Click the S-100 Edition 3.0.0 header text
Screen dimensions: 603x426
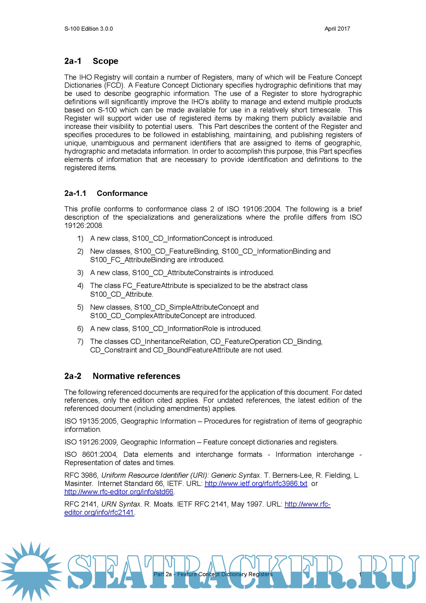coord(88,29)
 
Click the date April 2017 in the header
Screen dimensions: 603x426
coord(337,29)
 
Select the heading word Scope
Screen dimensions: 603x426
coord(105,61)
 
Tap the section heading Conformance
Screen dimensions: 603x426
coord(122,193)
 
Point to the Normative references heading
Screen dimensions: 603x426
coord(136,376)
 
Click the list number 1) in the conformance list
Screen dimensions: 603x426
coord(80,238)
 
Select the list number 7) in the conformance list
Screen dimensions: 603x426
coord(80,341)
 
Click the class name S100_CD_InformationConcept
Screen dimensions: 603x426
coord(181,238)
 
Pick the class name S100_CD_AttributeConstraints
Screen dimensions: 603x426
coord(181,272)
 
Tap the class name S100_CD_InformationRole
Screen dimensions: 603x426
coord(175,328)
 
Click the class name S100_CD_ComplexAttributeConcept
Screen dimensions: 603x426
coord(148,316)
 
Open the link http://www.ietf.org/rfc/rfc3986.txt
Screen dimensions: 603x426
coord(256,483)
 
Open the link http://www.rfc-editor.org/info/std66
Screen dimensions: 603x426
coord(119,492)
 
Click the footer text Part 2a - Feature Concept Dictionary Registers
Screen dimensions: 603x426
coord(213,574)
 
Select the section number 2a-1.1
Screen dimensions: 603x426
coord(75,193)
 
